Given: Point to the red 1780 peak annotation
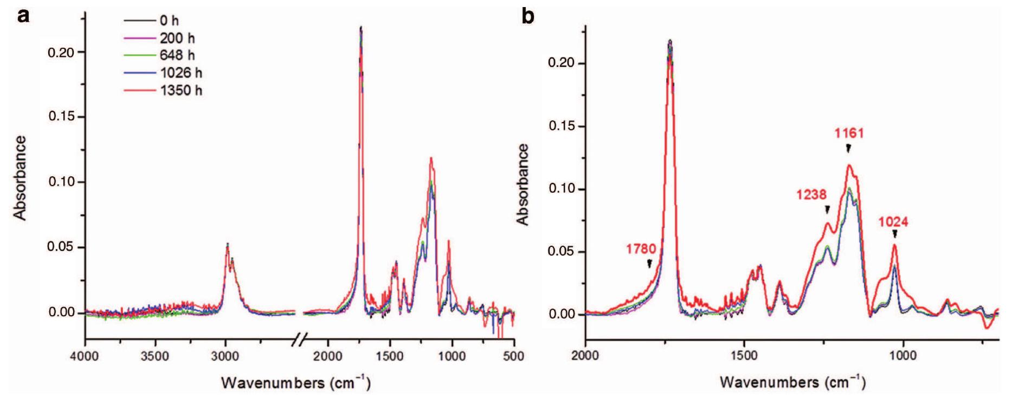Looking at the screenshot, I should [x=641, y=250].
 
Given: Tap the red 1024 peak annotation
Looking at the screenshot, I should [x=893, y=221].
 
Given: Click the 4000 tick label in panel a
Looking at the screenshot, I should [x=85, y=356].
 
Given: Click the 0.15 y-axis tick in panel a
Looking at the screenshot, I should [x=61, y=117].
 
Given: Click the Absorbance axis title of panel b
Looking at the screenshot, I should [x=523, y=184].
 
